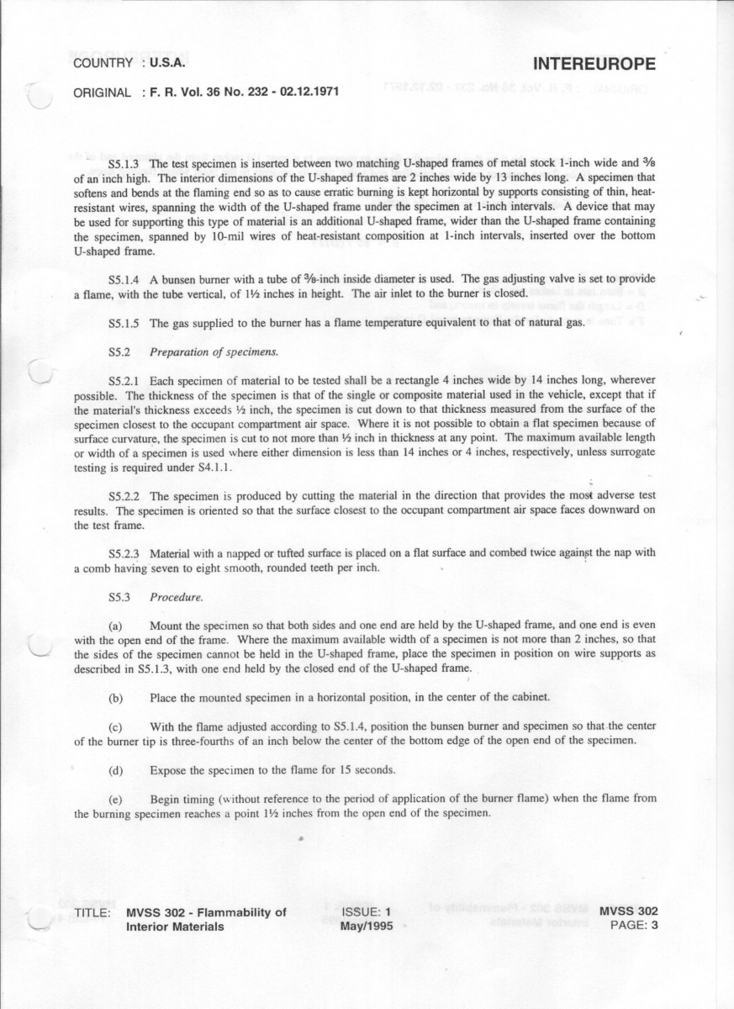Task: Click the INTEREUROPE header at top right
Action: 594,66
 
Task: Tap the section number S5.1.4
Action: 125,279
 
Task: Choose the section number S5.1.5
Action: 125,324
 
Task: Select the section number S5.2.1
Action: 125,381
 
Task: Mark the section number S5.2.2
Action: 125,496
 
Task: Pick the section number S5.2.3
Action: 125,554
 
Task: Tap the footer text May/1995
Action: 367,926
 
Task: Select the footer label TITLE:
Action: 92,912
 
